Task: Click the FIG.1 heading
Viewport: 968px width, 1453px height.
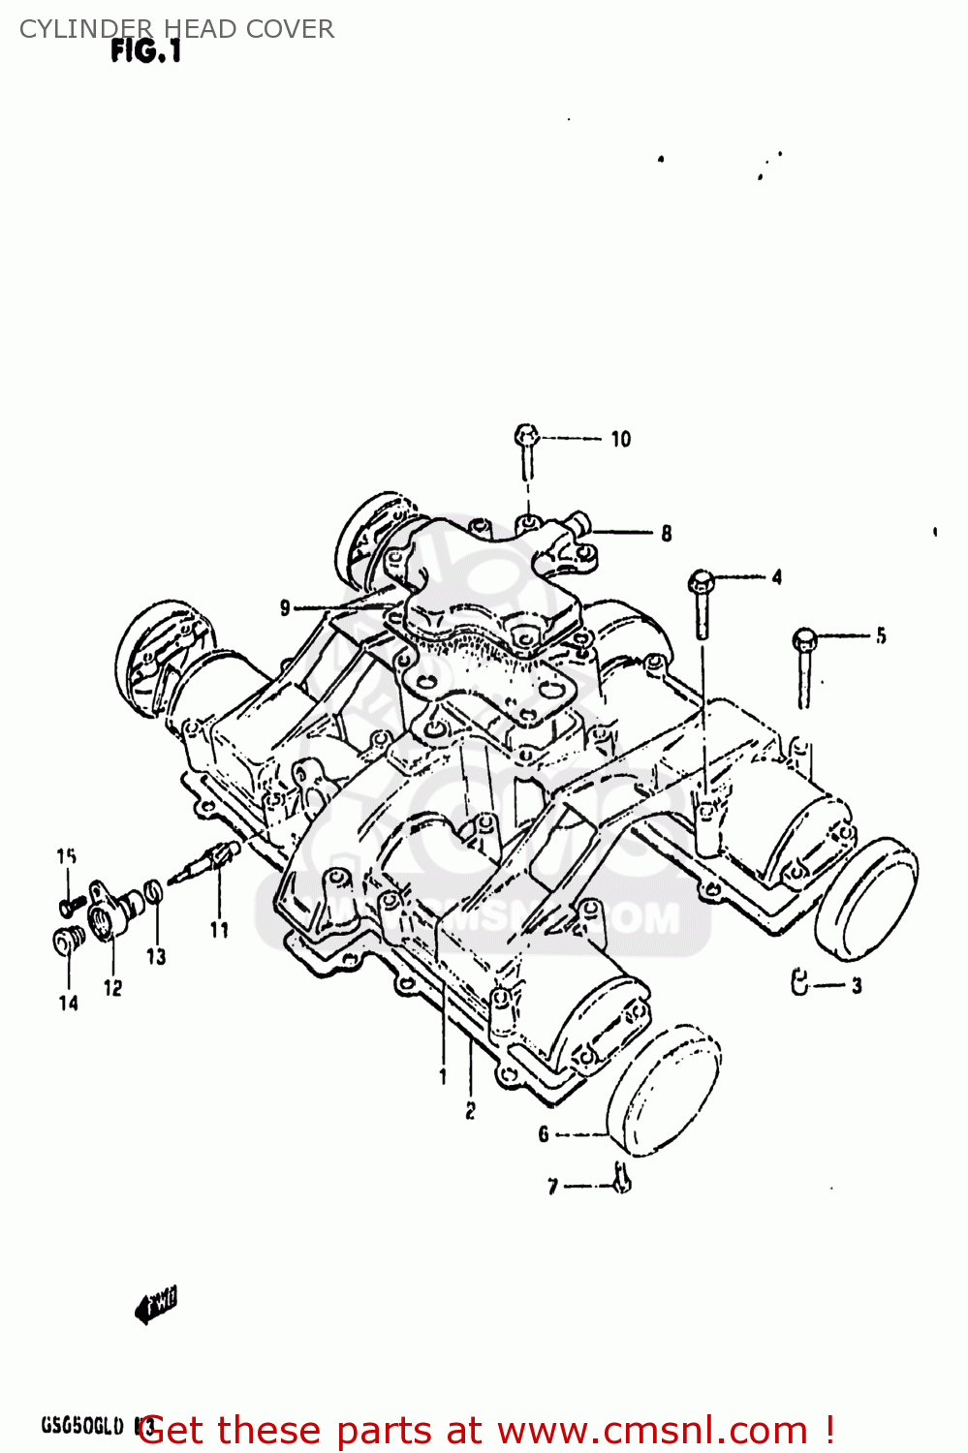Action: [x=145, y=51]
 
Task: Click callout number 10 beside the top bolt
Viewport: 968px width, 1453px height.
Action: [x=620, y=440]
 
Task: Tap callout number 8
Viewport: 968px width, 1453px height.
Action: [x=667, y=533]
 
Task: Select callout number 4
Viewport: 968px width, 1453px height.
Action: [x=776, y=577]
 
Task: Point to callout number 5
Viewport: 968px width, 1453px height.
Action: [x=880, y=636]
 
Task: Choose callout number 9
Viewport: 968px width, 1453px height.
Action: [x=285, y=608]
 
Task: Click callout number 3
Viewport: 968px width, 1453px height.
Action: [x=857, y=986]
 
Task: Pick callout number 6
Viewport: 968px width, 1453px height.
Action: [x=544, y=1133]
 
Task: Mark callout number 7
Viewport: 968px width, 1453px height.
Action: [x=552, y=1187]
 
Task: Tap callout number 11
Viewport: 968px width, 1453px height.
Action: [x=219, y=930]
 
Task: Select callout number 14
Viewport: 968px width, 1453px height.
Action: [x=68, y=1004]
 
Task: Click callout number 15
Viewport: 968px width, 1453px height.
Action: [x=66, y=856]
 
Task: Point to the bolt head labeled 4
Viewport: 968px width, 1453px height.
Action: [x=702, y=583]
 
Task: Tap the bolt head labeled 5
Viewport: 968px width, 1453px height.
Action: [x=804, y=640]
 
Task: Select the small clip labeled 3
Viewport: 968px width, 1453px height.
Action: [x=799, y=982]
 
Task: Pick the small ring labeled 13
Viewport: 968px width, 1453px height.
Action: [x=153, y=892]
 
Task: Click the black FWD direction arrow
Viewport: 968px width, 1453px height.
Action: [x=155, y=1305]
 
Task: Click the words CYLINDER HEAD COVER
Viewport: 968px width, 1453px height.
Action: [x=176, y=29]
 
